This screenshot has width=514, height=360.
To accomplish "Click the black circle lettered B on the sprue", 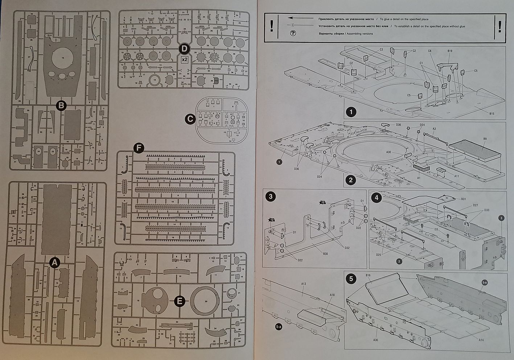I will pyautogui.click(x=61, y=105).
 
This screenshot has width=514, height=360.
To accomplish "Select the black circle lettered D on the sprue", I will pyautogui.click(x=184, y=48).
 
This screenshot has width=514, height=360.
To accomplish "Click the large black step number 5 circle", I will pyautogui.click(x=350, y=279).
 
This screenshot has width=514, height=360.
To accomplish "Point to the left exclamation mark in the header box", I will pyautogui.click(x=272, y=26).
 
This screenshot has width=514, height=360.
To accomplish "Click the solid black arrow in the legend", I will pyautogui.click(x=300, y=18).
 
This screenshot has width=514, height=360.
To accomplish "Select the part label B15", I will pyautogui.click(x=492, y=114).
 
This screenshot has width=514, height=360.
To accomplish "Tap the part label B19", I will pyautogui.click(x=450, y=51).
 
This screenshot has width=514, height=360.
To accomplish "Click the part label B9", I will pyautogui.click(x=485, y=139).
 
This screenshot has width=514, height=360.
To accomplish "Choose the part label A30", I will pyautogui.click(x=389, y=152).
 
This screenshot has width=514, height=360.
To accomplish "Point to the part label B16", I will pyautogui.click(x=368, y=276).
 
